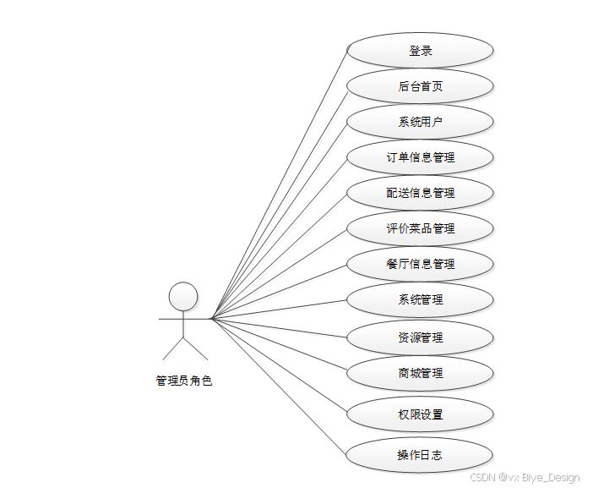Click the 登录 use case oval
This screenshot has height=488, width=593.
(420, 51)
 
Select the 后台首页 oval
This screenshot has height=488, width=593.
(420, 86)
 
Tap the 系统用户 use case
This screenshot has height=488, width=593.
(420, 122)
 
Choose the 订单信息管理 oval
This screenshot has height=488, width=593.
(420, 157)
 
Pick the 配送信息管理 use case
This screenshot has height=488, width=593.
(420, 193)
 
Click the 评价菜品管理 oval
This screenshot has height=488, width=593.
(420, 228)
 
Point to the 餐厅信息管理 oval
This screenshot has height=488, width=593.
(420, 264)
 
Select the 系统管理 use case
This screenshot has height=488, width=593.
(420, 299)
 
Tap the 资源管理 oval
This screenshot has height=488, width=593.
(420, 337)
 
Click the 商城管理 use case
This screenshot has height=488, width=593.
(420, 373)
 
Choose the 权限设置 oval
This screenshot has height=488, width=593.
(420, 414)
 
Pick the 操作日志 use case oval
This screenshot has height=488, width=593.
(420, 455)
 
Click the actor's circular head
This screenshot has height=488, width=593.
(183, 297)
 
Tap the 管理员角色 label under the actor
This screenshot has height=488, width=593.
(184, 381)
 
